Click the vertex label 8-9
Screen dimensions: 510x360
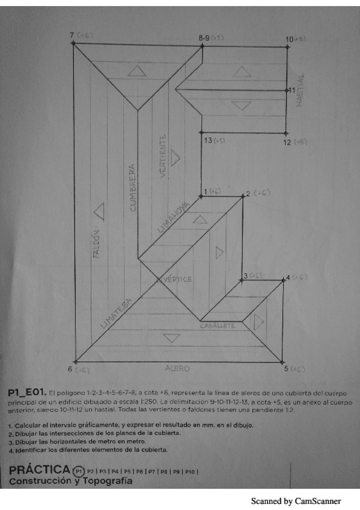coord(204,37)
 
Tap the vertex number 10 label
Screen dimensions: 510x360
coord(290,38)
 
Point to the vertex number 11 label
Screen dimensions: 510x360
coord(291,90)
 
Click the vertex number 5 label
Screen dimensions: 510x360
coord(287,368)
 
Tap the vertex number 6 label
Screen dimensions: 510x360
coord(70,369)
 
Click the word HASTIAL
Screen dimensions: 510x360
coord(300,91)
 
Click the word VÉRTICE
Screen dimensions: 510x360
coord(177,280)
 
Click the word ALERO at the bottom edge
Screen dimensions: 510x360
coord(177,367)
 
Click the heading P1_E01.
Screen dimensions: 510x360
coord(27,392)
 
